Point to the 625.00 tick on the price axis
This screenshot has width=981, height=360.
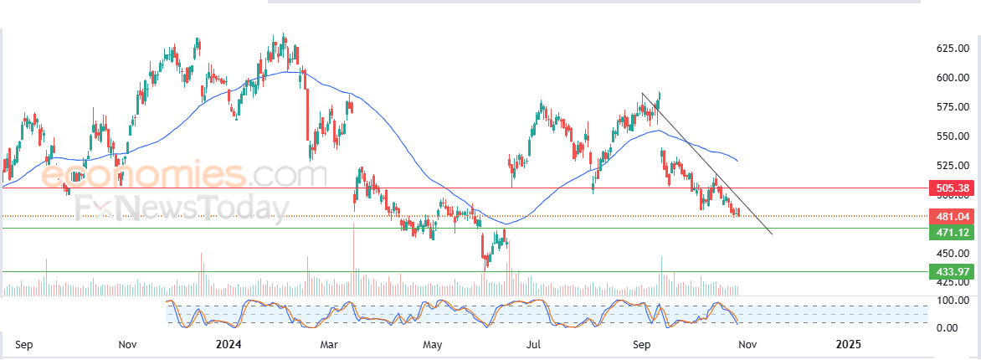pyautogui.click(x=952, y=49)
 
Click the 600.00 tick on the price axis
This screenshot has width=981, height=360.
pyautogui.click(x=952, y=78)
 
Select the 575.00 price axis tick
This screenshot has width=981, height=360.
pyautogui.click(x=952, y=107)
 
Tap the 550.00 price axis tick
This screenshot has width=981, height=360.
pyautogui.click(x=952, y=136)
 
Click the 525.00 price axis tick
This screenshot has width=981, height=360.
pyautogui.click(x=952, y=166)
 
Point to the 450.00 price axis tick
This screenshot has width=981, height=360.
pyautogui.click(x=952, y=254)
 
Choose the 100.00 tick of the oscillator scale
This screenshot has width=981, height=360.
pyautogui.click(x=952, y=300)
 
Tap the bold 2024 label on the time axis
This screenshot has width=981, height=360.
pyautogui.click(x=229, y=344)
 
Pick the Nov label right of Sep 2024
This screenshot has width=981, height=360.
pyautogui.click(x=747, y=344)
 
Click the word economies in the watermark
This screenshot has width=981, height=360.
pyautogui.click(x=142, y=176)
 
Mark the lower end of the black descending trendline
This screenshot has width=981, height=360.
pyautogui.click(x=771, y=234)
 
